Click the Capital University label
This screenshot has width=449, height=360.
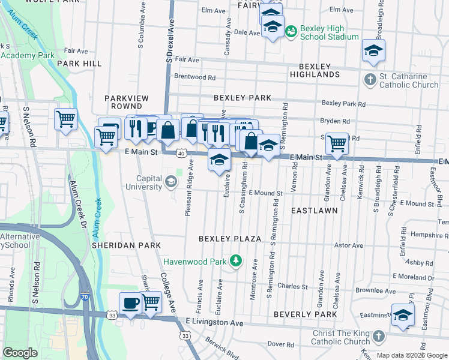coord(141,182)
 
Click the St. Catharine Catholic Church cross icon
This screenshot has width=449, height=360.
coord(370,80)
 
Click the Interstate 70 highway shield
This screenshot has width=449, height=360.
coord(83,297)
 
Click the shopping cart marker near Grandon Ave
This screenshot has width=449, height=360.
coord(337,144)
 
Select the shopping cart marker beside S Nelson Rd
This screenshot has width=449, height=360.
coord(65,118)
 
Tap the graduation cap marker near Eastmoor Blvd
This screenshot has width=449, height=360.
coord(403,315)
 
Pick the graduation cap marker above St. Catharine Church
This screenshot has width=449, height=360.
coord(373,51)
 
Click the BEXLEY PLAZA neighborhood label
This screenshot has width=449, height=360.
coord(231,239)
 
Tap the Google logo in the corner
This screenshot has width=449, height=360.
coord(20,353)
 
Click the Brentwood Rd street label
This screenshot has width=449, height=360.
coord(194,77)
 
